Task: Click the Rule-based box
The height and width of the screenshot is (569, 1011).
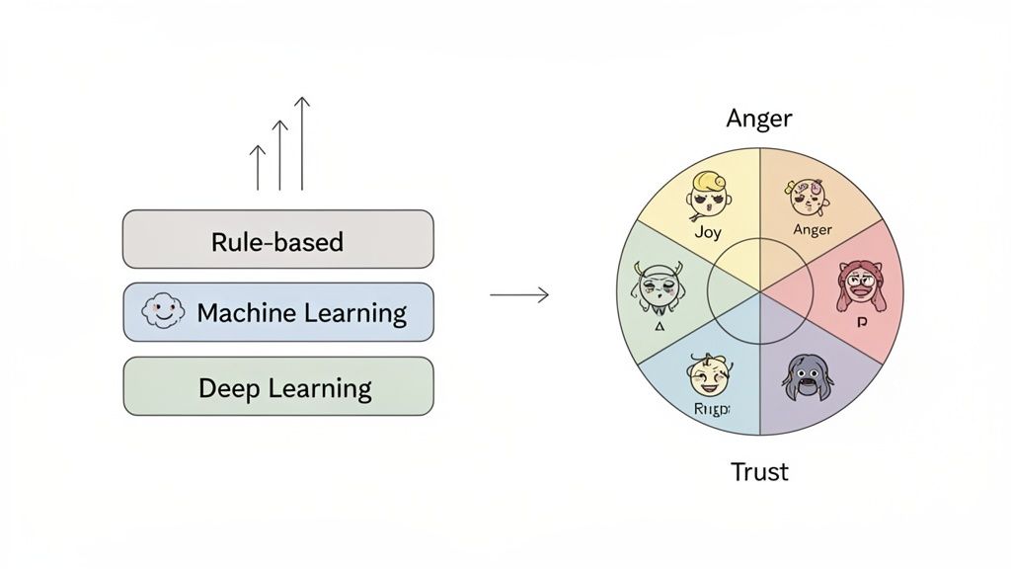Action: [277, 240]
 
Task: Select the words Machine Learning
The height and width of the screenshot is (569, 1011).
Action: [301, 314]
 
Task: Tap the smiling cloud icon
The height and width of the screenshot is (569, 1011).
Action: [163, 313]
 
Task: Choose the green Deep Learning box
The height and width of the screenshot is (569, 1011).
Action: [277, 386]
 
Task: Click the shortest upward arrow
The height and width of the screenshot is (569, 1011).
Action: [259, 167]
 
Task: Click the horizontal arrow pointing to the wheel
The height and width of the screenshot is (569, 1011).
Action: [519, 294]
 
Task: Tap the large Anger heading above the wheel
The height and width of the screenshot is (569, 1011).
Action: [758, 119]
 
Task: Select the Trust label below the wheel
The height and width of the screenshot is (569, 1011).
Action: [759, 472]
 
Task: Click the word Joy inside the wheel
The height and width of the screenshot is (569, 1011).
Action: [707, 233]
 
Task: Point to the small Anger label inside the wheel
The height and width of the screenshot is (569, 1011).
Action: [813, 230]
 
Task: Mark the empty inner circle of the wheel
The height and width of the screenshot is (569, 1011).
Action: [759, 293]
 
